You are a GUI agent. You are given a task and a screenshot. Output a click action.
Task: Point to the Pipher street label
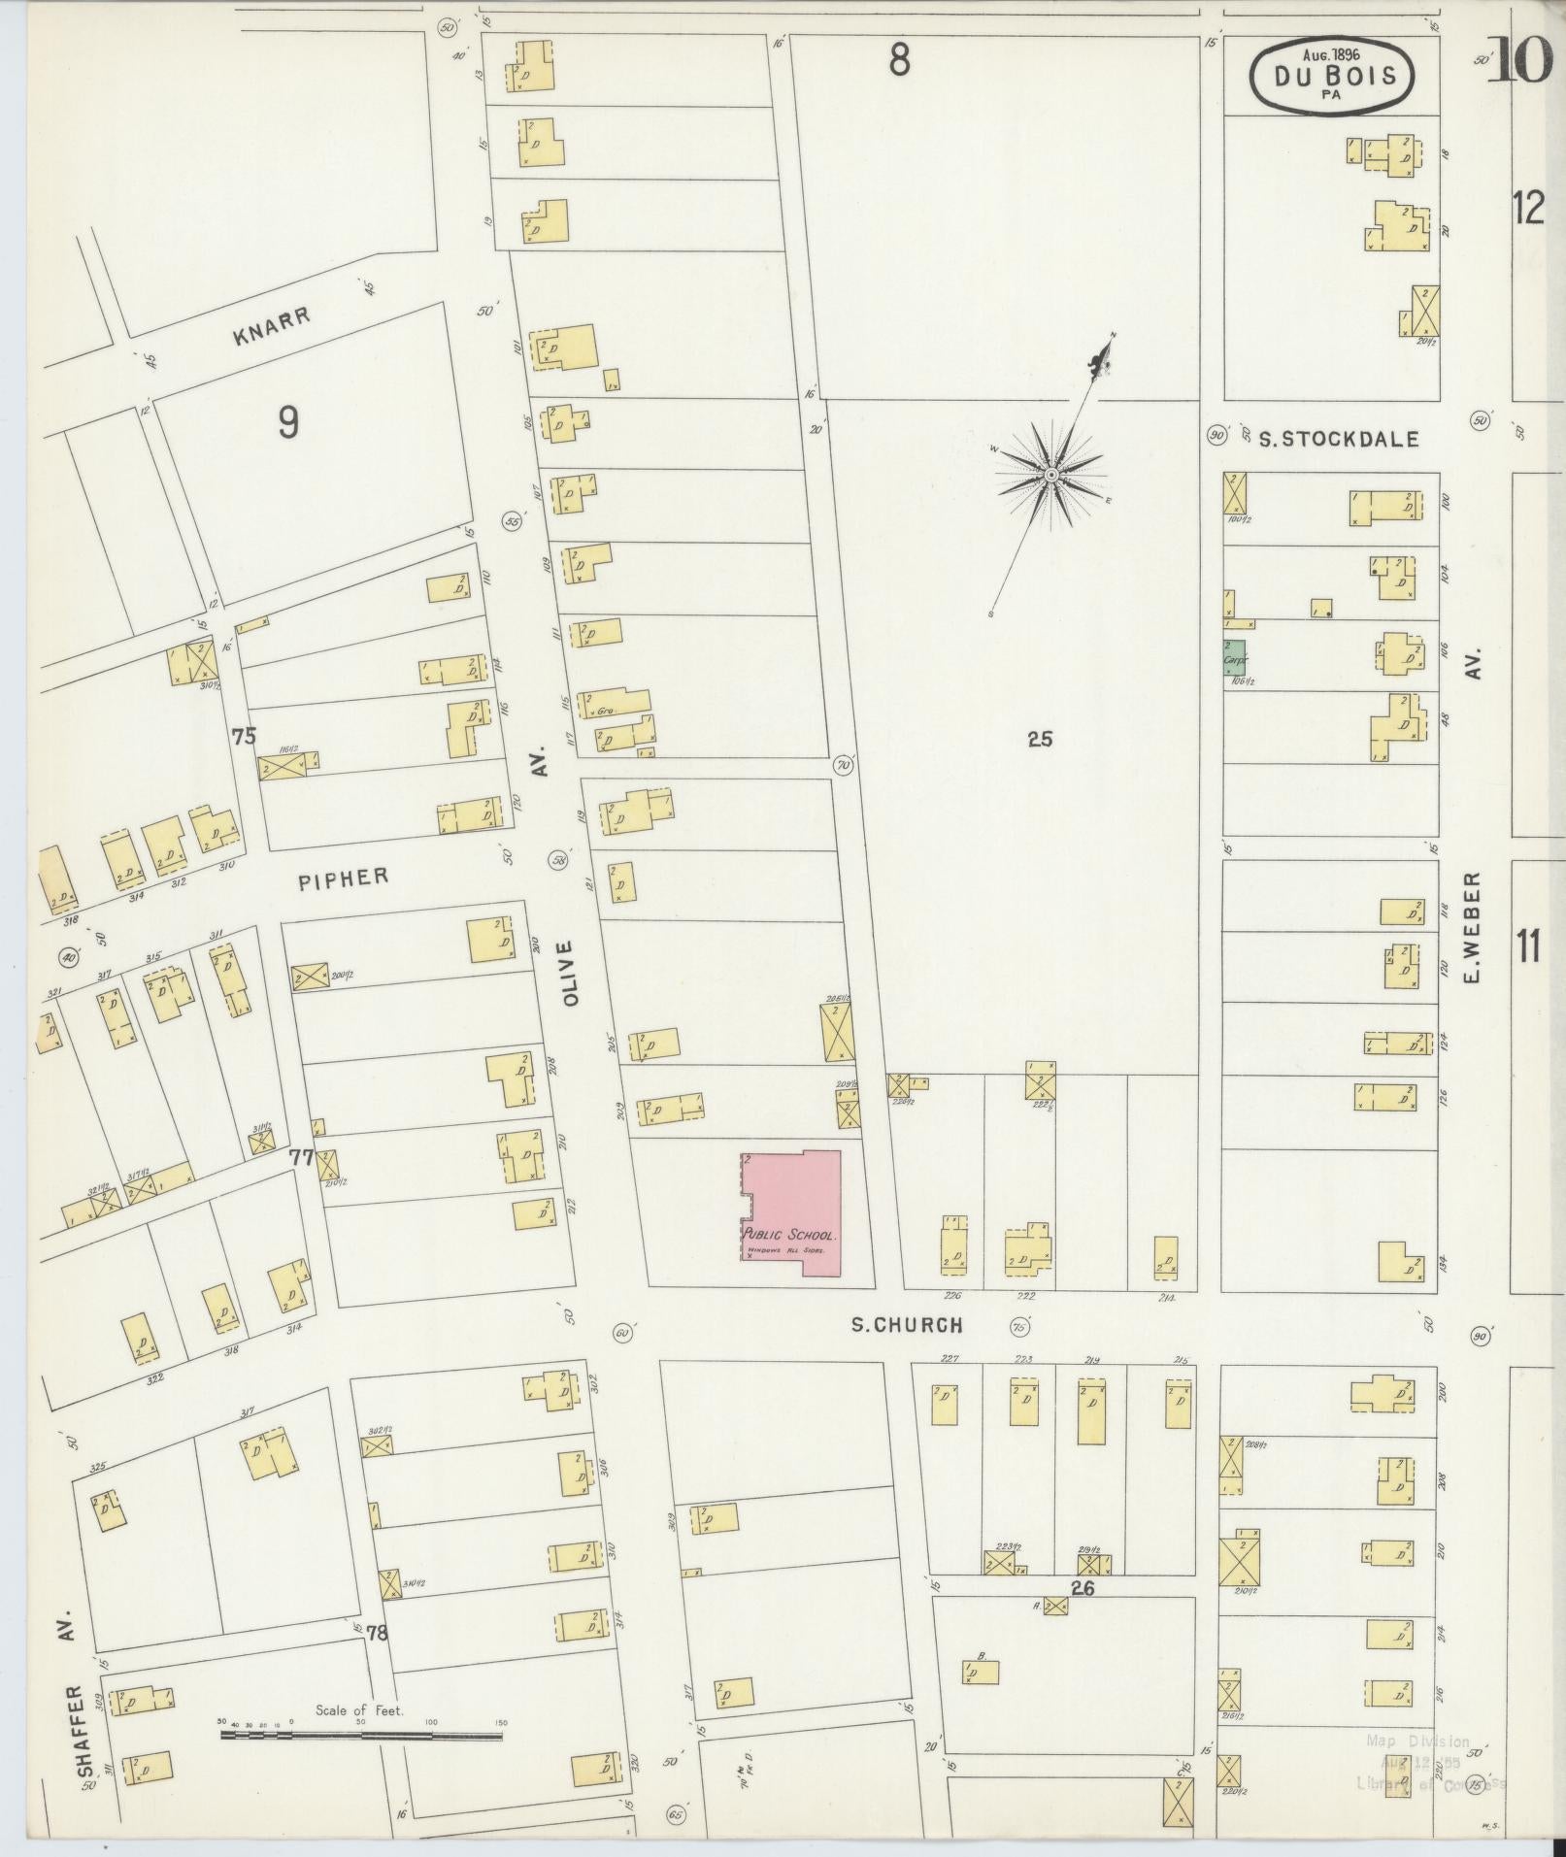coord(343,878)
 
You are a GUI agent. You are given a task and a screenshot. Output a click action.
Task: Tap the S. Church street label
coord(907,1325)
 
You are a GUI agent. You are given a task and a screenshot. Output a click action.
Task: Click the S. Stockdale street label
coord(1338,440)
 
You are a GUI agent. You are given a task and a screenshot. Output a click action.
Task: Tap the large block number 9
coord(287,422)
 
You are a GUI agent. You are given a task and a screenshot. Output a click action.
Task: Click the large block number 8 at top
coord(900,62)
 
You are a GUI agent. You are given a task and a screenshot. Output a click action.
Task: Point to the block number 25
coord(1040,740)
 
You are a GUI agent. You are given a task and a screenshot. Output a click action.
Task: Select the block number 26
coord(1083,1589)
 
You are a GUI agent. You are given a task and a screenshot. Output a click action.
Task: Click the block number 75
coord(244,737)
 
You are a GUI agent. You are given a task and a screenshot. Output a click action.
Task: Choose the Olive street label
coord(567,971)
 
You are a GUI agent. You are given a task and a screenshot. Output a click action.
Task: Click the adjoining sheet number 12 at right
coord(1528,209)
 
